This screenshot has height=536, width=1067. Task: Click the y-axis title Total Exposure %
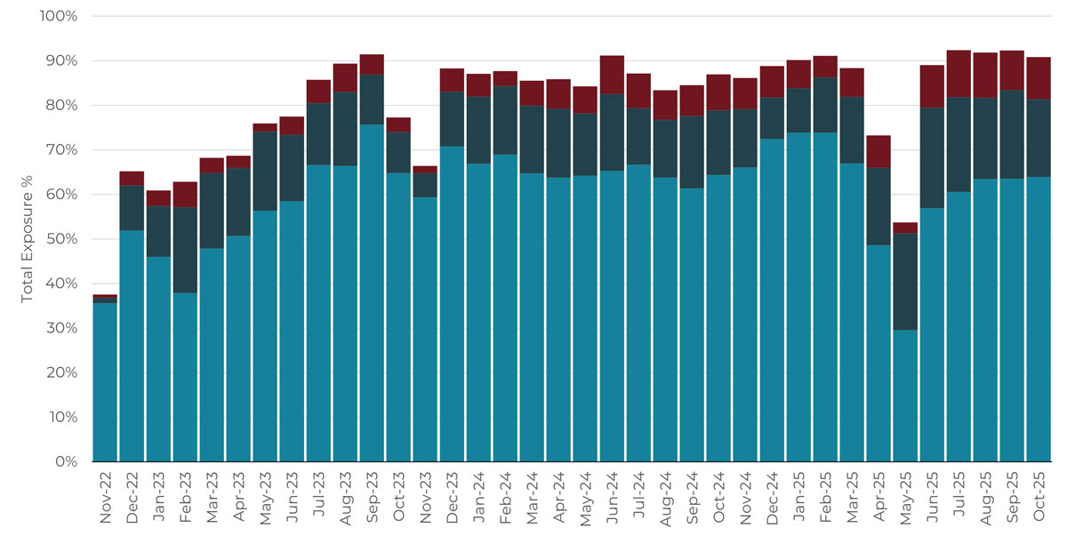27,239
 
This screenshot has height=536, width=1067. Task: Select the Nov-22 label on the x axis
106,500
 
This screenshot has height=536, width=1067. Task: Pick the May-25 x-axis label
906,500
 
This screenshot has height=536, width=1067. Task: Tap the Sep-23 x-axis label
373,500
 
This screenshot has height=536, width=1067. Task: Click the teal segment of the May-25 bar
905,396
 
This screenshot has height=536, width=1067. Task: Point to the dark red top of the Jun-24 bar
612,75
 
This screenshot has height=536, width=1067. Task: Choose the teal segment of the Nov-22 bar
105,382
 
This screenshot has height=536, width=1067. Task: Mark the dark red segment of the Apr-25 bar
878,151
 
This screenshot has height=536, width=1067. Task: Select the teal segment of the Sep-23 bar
372,293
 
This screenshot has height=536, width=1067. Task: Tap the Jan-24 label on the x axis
479,500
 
